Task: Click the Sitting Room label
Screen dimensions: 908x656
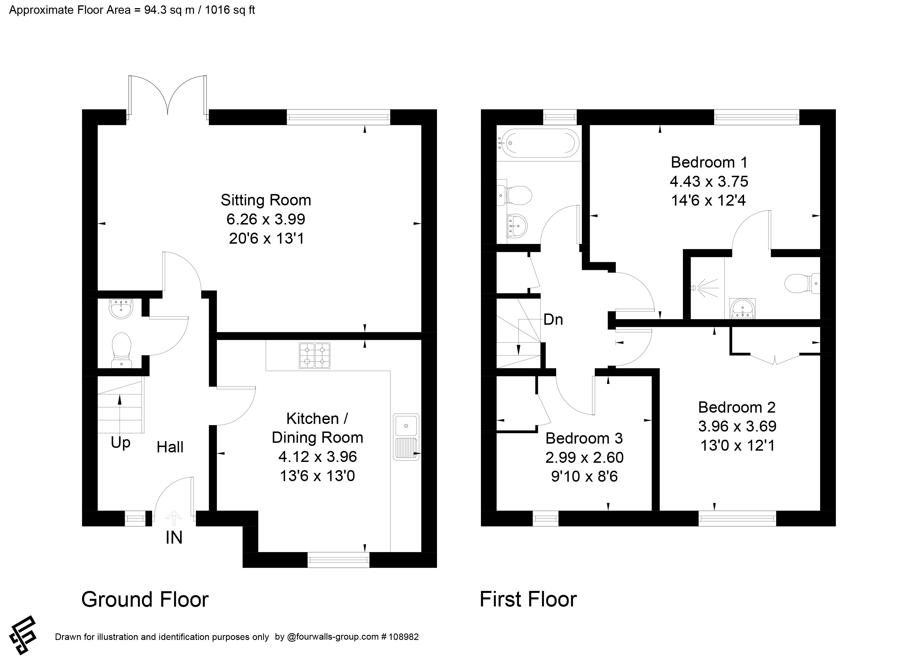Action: coord(266,200)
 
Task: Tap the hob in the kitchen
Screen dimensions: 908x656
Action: coord(314,355)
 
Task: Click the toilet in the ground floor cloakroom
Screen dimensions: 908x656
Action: coord(122,350)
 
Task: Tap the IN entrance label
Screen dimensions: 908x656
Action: coord(174,537)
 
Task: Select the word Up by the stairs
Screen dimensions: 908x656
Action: coord(121,443)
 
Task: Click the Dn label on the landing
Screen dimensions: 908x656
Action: coord(553,320)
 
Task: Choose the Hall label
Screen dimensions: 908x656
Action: coord(170,447)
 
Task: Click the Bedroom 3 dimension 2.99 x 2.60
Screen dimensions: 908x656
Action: coord(584,457)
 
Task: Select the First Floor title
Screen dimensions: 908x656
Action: coord(528,599)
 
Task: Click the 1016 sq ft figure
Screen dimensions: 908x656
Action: coord(230,10)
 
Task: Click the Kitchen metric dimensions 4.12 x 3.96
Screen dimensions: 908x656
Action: coord(318,456)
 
